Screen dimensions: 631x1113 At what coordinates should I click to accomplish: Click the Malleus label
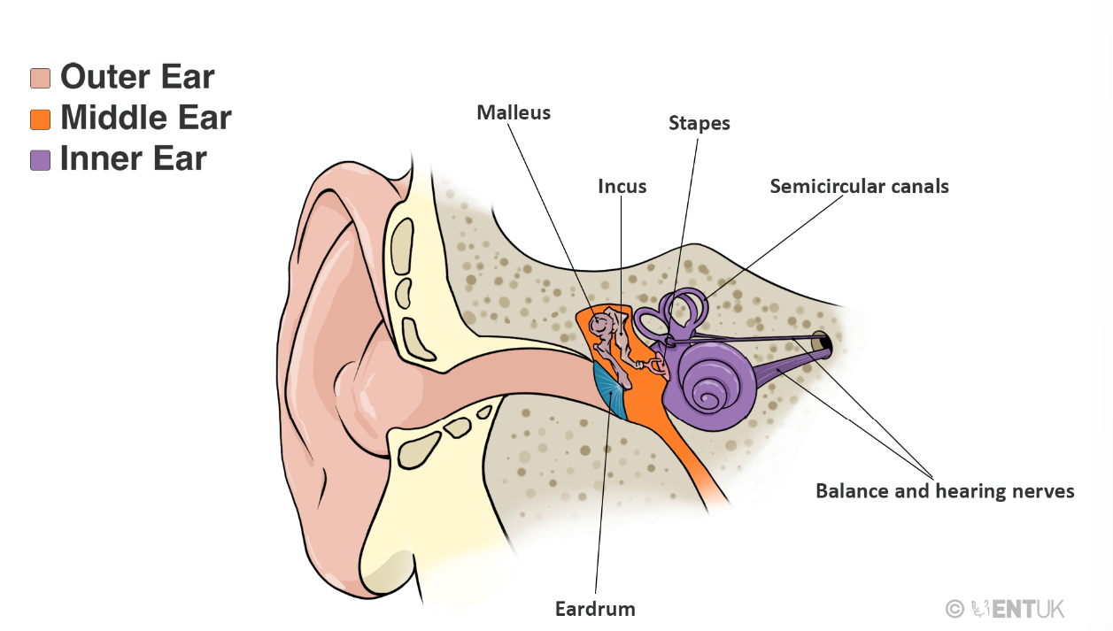(514, 112)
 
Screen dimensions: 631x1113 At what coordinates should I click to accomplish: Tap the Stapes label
(699, 123)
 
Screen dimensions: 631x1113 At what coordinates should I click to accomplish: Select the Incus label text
(622, 186)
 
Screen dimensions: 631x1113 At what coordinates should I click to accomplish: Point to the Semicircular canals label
(859, 186)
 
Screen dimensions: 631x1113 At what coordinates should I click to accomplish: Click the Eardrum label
(595, 609)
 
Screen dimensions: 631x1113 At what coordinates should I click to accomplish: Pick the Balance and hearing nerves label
(945, 490)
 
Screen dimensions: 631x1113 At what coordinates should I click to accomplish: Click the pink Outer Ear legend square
(40, 78)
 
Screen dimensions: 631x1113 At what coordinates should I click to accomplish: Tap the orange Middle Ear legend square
(40, 119)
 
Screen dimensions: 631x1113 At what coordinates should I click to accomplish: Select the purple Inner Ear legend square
(40, 160)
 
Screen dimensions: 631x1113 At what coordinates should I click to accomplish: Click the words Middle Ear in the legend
(145, 118)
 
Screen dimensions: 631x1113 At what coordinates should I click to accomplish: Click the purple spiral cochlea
(714, 386)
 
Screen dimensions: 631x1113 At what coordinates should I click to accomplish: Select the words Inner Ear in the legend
(133, 159)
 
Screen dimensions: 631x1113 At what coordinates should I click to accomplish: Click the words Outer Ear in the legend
(137, 77)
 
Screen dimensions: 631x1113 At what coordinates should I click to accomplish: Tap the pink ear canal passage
(496, 363)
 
